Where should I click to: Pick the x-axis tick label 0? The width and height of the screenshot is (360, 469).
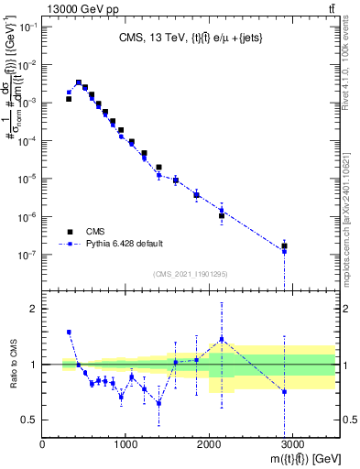pyautogui.click(x=43, y=447)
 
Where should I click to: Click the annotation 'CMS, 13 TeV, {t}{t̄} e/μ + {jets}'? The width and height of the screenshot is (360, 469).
pyautogui.click(x=189, y=38)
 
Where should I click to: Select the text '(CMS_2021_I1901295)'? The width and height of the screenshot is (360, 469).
pyautogui.click(x=189, y=273)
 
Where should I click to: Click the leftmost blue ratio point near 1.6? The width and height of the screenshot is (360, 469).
pyautogui.click(x=69, y=332)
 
